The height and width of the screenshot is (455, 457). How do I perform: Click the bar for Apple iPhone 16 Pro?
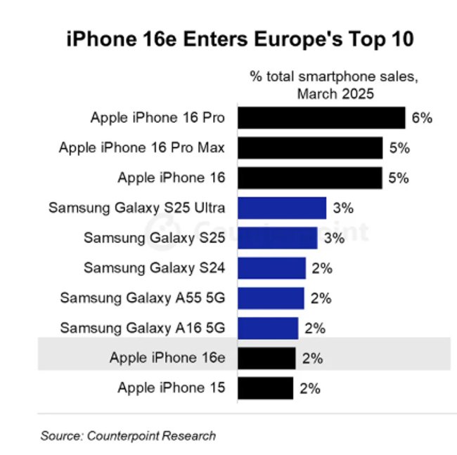click(321, 118)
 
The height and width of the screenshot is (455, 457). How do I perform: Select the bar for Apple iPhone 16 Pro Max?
click(310, 148)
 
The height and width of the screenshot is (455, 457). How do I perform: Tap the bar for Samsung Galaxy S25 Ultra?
click(282, 208)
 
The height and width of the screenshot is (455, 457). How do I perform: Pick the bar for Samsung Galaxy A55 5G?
click(271, 298)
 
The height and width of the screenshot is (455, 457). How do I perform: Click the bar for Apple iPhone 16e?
click(266, 358)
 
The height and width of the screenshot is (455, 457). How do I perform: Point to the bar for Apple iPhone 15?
click(265, 388)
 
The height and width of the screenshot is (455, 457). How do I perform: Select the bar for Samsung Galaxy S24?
click(271, 268)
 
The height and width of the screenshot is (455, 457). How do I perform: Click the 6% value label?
click(421, 118)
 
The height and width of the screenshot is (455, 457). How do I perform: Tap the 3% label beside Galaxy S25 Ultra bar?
click(342, 208)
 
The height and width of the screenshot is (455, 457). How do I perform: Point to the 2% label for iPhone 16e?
click(311, 358)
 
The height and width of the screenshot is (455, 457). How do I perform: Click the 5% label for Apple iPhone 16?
click(398, 178)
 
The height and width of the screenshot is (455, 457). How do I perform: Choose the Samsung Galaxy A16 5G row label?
click(143, 328)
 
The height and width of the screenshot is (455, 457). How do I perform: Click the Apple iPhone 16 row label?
click(172, 178)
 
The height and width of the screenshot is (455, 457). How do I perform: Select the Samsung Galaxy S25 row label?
click(155, 238)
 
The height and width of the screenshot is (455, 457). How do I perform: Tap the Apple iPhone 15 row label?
click(172, 388)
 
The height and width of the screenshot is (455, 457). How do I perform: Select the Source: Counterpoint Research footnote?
click(128, 436)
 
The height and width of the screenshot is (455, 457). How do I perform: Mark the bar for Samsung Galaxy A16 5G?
click(268, 328)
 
